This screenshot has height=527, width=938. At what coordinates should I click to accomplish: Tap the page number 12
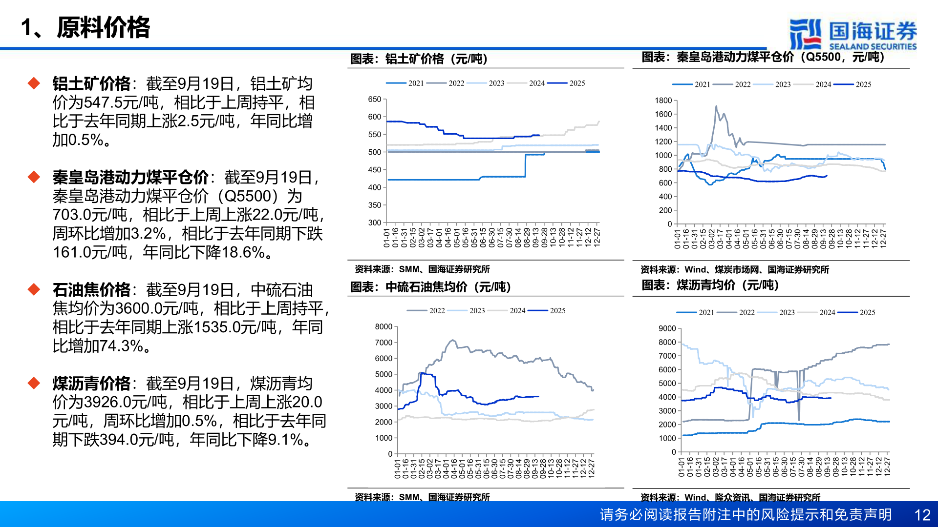click(922, 515)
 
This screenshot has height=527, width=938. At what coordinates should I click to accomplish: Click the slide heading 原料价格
click(103, 27)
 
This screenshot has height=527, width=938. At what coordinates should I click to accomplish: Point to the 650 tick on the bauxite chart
click(375, 100)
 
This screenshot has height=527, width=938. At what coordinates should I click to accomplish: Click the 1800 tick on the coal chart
click(663, 101)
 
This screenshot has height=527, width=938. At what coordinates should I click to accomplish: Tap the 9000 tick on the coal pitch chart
click(667, 329)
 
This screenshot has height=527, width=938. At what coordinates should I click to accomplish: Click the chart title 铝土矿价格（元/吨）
click(419, 59)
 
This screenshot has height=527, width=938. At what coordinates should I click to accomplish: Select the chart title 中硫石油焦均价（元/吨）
click(431, 287)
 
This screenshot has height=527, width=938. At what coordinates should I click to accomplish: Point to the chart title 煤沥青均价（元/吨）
click(710, 285)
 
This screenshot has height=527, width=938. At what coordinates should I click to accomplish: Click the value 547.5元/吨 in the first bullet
click(121, 103)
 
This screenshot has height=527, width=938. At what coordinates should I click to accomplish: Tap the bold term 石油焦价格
click(91, 290)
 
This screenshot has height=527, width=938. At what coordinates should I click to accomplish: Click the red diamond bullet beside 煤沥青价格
click(34, 383)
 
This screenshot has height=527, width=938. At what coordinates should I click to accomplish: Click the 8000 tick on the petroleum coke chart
click(384, 327)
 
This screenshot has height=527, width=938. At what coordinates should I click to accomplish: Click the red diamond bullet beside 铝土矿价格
click(34, 83)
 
